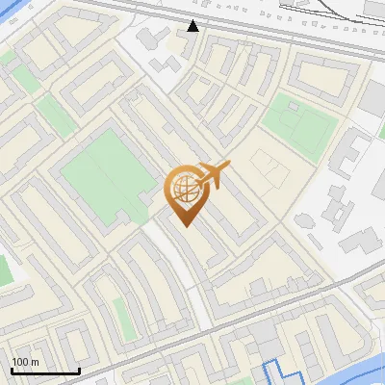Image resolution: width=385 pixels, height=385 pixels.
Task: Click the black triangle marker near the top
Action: (x=193, y=25)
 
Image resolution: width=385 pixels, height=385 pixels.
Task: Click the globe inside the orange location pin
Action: (x=184, y=190)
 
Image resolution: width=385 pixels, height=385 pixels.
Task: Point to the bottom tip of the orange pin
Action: (x=185, y=225)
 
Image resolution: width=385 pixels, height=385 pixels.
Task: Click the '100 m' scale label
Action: (x=25, y=362)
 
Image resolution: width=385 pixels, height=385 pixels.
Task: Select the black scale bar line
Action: (x=45, y=371)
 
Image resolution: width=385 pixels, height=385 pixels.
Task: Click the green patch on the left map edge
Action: (x=4, y=269)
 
